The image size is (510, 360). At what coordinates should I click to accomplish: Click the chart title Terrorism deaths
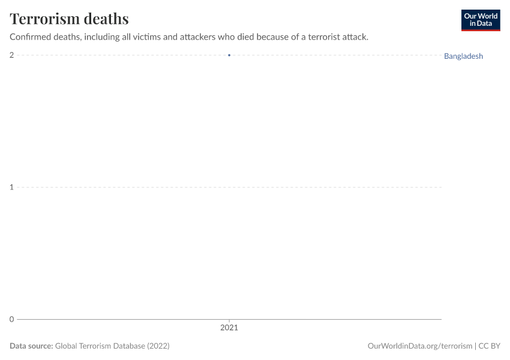tap(69, 19)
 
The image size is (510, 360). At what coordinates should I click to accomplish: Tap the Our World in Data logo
tap(480, 20)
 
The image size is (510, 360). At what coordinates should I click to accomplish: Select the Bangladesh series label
tap(463, 56)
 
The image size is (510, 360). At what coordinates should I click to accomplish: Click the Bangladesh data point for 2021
tap(229, 55)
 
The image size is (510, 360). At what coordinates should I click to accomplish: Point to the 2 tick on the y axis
tap(11, 55)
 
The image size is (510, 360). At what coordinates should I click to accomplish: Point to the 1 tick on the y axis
tap(11, 187)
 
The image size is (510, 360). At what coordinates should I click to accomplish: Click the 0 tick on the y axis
tap(11, 319)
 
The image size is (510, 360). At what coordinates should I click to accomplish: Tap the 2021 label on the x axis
tap(229, 328)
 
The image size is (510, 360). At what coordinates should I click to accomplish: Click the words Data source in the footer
tap(31, 346)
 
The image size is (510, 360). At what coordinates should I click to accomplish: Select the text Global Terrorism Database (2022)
tap(112, 346)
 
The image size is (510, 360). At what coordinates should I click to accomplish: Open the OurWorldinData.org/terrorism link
tap(419, 346)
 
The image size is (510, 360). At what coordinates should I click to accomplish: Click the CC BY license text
tap(489, 346)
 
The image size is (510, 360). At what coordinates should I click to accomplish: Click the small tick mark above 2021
tap(229, 321)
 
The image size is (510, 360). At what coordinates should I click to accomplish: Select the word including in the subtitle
tap(100, 37)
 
